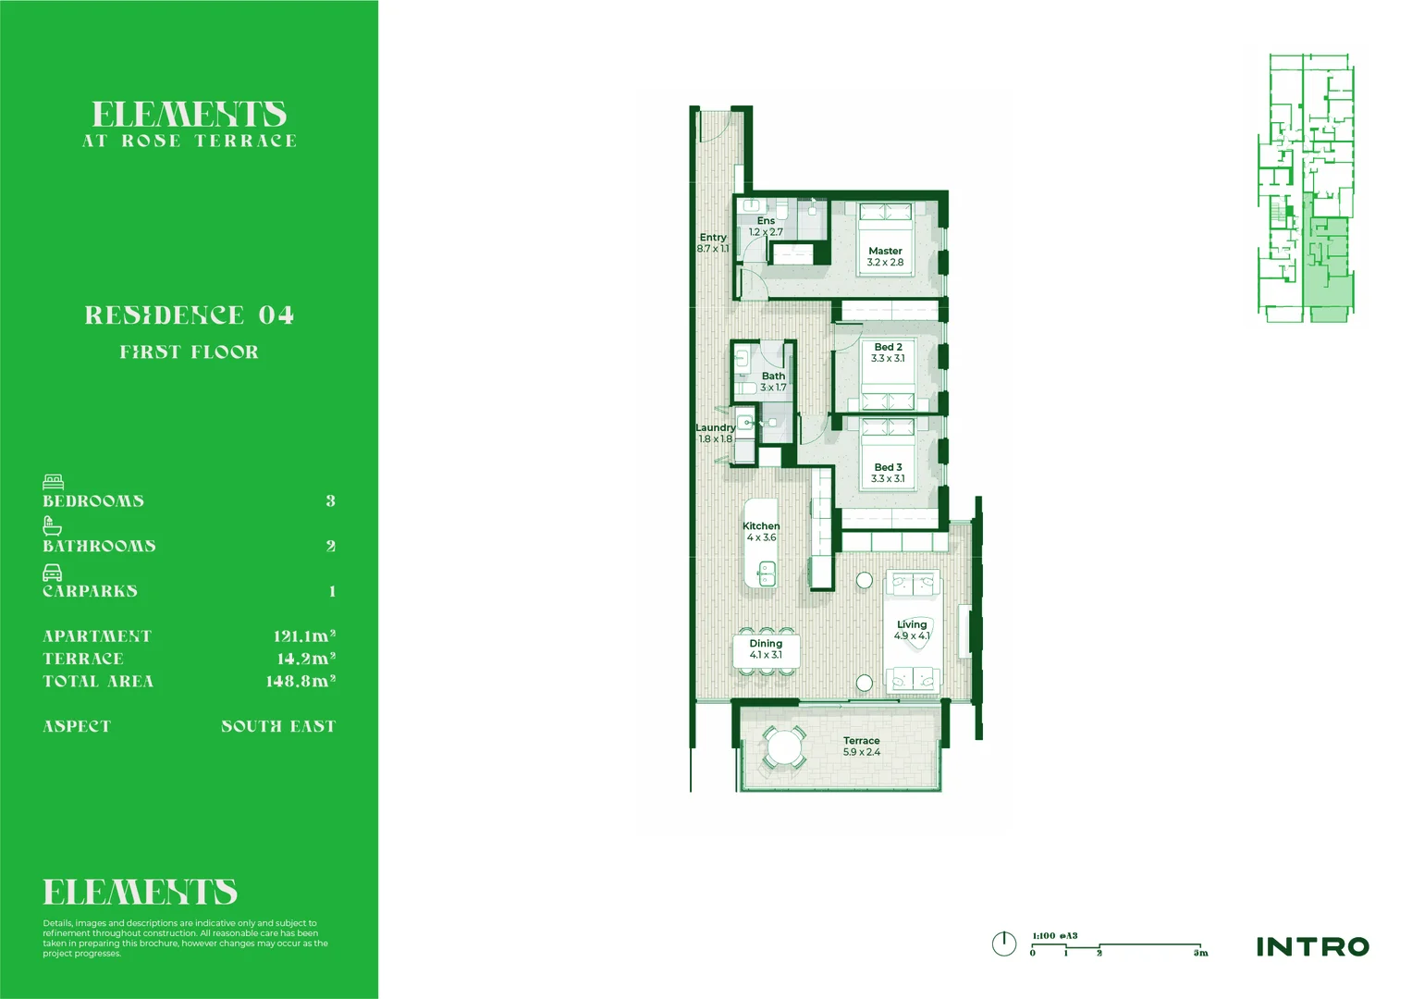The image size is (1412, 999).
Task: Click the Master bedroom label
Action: click(885, 251)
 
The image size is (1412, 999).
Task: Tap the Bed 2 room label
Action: click(888, 347)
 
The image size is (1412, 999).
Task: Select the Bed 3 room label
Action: click(888, 467)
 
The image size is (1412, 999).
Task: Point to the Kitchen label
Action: click(761, 525)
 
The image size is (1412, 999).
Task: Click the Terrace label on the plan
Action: click(861, 740)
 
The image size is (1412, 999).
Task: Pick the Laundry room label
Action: click(715, 427)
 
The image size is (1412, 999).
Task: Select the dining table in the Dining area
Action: click(766, 649)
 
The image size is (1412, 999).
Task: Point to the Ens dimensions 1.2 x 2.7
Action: click(766, 232)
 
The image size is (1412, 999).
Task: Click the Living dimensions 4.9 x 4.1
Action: click(912, 636)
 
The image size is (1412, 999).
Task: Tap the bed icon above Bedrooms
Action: click(53, 482)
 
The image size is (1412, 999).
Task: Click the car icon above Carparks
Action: click(53, 573)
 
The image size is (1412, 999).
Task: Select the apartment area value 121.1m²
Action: click(303, 636)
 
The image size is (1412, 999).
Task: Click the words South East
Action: click(277, 727)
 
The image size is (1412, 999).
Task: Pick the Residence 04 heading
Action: click(189, 315)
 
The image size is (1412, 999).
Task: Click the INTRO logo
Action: click(1312, 946)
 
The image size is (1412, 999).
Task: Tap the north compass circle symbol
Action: click(1003, 943)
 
